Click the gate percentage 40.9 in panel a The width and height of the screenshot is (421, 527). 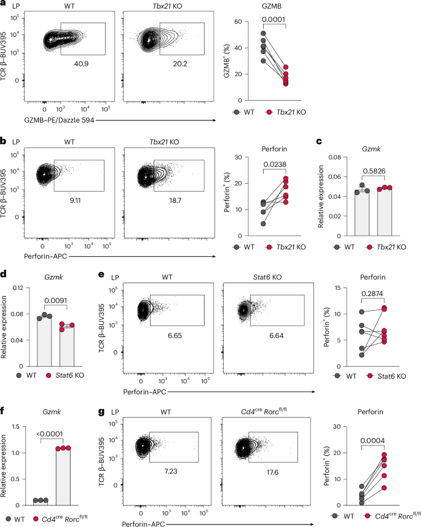point(81,63)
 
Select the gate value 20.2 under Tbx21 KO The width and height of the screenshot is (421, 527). point(180,63)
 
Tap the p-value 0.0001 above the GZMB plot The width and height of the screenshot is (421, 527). point(273,19)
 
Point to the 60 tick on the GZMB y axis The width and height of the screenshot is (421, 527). point(238,22)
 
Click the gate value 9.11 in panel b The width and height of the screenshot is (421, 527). point(75,200)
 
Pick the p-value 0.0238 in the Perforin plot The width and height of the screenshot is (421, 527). point(275,165)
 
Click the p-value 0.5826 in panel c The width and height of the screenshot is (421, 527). point(374,171)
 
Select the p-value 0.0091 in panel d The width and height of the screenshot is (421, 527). point(55,300)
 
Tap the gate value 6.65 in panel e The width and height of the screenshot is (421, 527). point(175,335)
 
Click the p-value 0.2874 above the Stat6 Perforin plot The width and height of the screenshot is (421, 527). point(372,294)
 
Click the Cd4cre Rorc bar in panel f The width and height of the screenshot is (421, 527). point(63,477)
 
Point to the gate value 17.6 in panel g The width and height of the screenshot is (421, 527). point(272,472)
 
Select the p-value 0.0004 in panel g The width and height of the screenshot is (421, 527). point(372,440)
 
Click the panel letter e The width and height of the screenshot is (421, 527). point(101,275)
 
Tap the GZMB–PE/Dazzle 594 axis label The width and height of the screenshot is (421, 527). point(59,120)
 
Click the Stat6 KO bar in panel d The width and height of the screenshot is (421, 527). point(67,346)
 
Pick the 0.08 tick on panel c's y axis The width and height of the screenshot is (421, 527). point(334,157)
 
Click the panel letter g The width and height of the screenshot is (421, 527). point(101,412)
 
